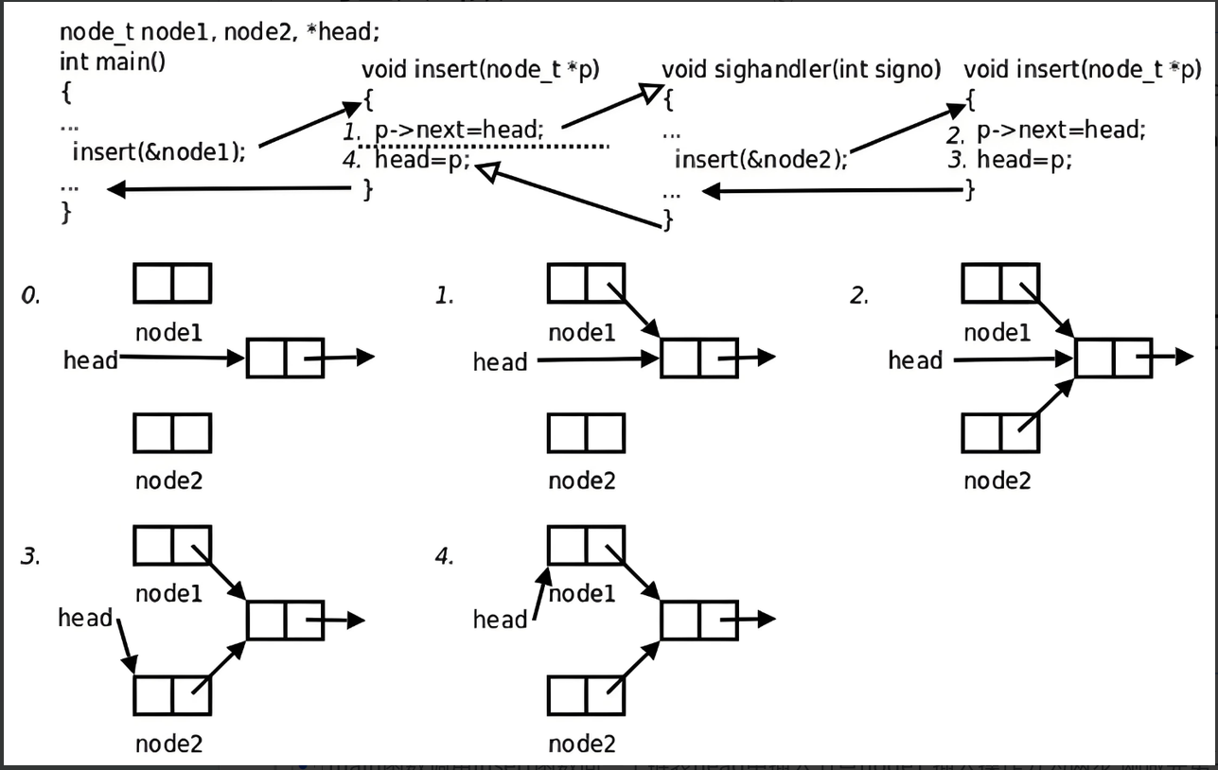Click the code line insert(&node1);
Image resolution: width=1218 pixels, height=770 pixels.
pos(158,151)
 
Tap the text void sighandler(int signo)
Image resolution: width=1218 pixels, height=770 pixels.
pos(802,69)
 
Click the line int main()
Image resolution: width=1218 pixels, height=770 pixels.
pos(113,62)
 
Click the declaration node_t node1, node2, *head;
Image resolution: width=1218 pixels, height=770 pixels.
pos(220,31)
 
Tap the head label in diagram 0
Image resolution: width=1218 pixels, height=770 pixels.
pos(91,359)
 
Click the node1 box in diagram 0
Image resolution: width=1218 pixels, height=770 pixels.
pos(171,283)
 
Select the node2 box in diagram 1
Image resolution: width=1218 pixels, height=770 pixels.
pos(586,433)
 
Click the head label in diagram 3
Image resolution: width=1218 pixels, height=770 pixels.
pos(85,618)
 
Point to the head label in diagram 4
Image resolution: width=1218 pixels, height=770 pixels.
pos(500,620)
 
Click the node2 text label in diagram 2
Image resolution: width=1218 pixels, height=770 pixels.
pos(997,481)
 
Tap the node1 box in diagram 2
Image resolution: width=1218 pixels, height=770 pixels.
pos(1000,283)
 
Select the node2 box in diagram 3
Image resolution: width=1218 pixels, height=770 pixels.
pos(171,695)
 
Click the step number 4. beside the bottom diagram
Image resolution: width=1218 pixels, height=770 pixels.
pos(444,556)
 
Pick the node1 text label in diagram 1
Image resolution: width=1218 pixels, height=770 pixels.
pos(582,332)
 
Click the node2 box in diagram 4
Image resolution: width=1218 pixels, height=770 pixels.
pos(586,695)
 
